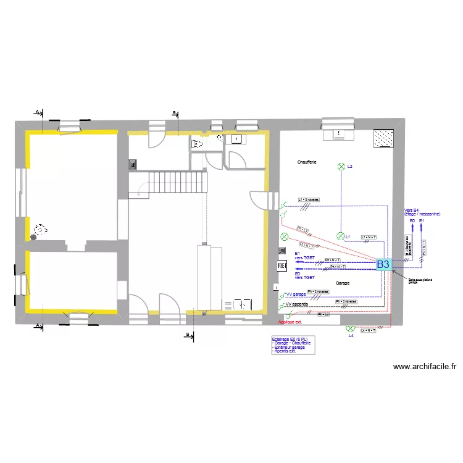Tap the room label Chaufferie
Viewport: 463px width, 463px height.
(307, 162)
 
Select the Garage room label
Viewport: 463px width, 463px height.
(343, 283)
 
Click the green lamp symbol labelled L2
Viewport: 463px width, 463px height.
(340, 167)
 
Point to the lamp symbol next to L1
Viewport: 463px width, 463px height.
(340, 236)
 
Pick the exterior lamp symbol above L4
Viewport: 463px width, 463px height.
(350, 328)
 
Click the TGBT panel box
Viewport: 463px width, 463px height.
(282, 265)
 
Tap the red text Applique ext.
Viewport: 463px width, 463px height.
(291, 322)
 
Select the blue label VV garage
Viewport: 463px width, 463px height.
(296, 294)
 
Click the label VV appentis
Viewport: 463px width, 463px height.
(297, 304)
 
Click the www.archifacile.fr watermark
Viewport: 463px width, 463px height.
(425, 366)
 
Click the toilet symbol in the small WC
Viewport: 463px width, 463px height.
(198, 144)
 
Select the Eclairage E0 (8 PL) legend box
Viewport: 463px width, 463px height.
(293, 345)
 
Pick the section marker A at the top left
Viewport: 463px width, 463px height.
(37, 112)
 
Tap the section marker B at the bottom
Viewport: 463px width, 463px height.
(188, 335)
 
